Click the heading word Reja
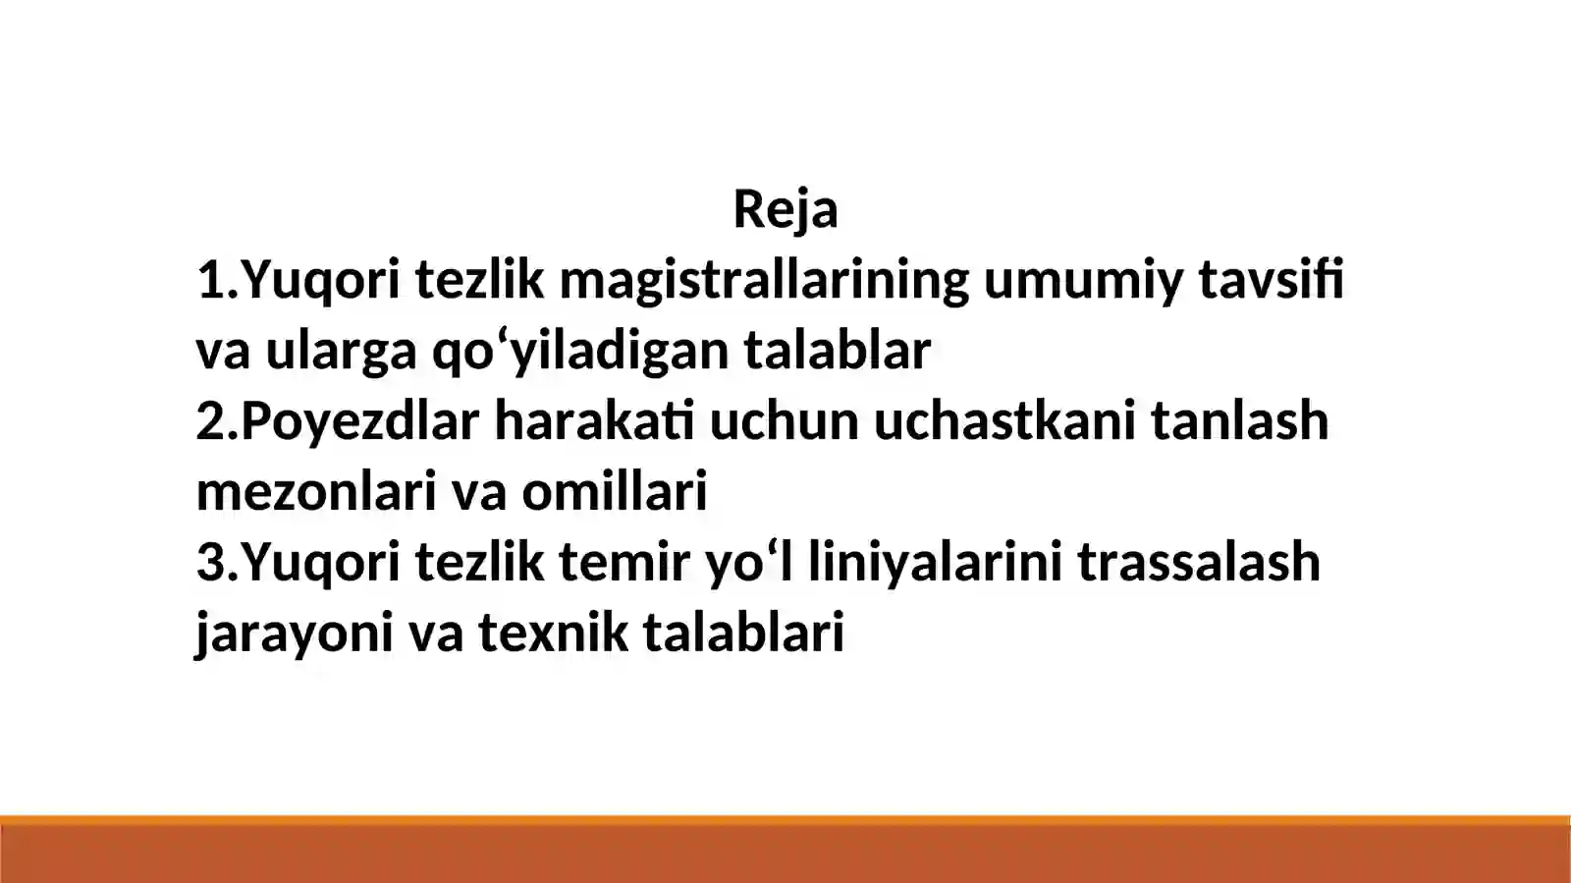tap(785, 209)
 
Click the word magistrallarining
tap(764, 281)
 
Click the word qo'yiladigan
tap(579, 352)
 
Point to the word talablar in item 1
tap(837, 350)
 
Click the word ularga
tap(341, 352)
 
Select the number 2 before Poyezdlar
tap(211, 420)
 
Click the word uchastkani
tap(1004, 420)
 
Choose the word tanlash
tap(1239, 420)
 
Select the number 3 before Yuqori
tap(211, 562)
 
